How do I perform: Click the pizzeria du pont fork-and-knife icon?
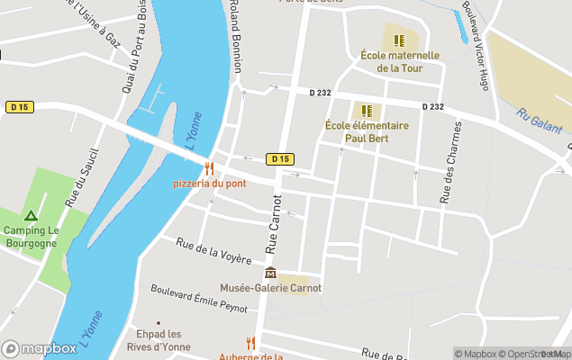210,168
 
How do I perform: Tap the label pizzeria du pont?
210,184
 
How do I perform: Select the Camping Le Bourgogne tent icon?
31,216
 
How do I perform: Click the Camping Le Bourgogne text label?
31,237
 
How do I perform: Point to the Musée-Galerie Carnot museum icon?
270,274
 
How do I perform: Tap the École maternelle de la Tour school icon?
400,40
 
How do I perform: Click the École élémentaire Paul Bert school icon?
367,111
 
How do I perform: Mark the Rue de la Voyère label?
213,251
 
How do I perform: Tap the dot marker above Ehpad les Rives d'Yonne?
159,322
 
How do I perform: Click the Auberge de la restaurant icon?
250,343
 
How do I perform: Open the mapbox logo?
39,348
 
